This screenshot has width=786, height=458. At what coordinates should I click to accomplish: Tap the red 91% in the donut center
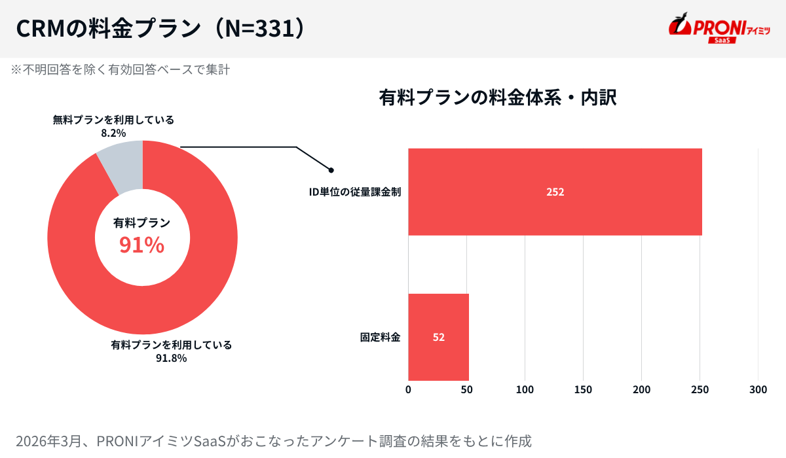[x=141, y=245]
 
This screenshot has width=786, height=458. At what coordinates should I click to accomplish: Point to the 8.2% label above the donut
[x=113, y=133]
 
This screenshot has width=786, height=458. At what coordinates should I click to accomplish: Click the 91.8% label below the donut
[x=171, y=358]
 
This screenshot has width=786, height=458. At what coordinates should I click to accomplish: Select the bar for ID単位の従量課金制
[x=555, y=192]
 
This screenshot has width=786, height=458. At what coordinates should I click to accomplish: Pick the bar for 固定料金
[x=438, y=337]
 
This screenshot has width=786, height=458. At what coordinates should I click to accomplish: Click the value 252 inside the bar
[x=555, y=192]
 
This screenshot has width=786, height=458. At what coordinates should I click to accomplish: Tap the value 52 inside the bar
[x=438, y=338]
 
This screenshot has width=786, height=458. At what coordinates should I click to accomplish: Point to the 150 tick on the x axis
[x=583, y=390]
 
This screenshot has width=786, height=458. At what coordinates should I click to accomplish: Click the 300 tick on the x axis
[x=758, y=390]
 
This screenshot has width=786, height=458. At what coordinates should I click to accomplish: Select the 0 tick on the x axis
[x=408, y=390]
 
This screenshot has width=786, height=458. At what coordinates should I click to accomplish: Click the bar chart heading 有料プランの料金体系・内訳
[x=498, y=97]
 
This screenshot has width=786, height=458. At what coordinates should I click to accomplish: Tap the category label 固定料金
[x=380, y=338]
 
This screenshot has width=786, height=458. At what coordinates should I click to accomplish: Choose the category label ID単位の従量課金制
[x=355, y=192]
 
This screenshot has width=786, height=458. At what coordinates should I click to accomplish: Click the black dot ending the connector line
[x=331, y=170]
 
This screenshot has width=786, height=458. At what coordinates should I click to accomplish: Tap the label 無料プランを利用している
[x=113, y=120]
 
